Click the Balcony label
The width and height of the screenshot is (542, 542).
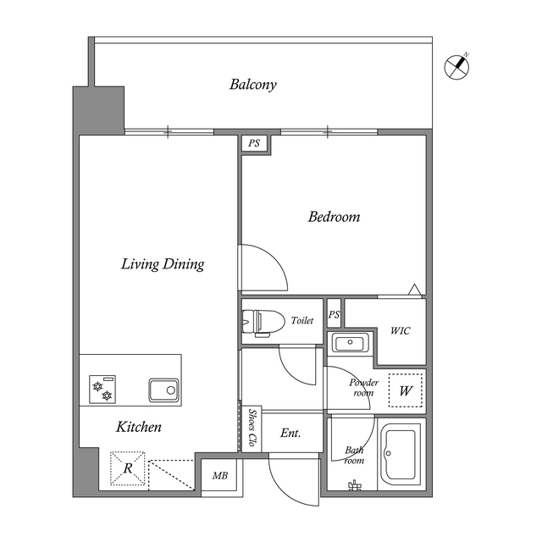click(x=253, y=85)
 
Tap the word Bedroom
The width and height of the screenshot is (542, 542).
click(x=334, y=217)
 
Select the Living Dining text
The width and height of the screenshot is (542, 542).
click(x=163, y=264)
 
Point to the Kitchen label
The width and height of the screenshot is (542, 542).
click(x=139, y=427)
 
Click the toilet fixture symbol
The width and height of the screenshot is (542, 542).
click(x=263, y=322)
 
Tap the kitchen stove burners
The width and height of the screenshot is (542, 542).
click(x=102, y=390)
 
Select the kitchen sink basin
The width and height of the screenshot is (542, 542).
click(x=163, y=390)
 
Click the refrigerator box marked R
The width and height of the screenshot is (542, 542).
click(x=128, y=468)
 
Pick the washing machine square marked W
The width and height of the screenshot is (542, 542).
click(x=406, y=390)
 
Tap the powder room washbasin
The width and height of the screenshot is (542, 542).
click(x=350, y=342)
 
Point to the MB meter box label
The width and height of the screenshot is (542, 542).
click(x=220, y=476)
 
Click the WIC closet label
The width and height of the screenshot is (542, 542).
click(x=401, y=331)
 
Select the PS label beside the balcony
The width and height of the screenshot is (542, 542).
click(x=254, y=143)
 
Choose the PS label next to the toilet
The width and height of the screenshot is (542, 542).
click(x=334, y=314)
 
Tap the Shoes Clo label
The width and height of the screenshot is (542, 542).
click(x=252, y=428)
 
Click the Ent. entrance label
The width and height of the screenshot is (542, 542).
click(x=290, y=433)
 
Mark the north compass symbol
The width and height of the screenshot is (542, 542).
click(x=457, y=66)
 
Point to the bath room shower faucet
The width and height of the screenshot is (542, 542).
click(x=354, y=485)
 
